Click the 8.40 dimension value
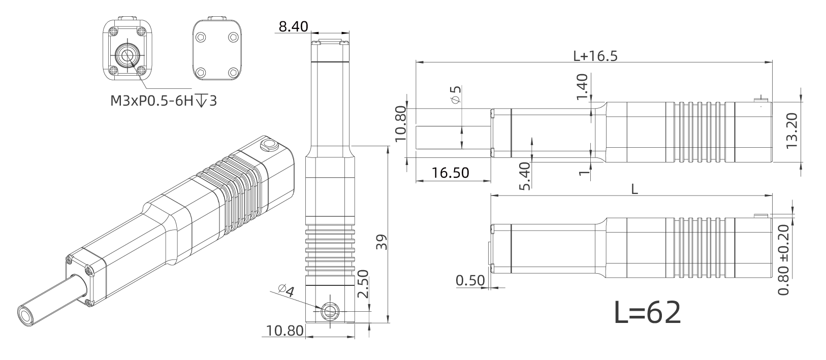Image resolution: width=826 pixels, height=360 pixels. (293, 26)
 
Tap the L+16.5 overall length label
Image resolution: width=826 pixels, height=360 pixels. (595, 56)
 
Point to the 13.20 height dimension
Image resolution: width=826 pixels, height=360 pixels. (791, 131)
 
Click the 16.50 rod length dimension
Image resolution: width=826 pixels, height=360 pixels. (450, 173)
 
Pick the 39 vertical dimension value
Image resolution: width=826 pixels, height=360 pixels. (382, 242)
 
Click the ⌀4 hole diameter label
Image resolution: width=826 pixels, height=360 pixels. (287, 291)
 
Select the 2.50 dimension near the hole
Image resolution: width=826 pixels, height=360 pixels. (363, 284)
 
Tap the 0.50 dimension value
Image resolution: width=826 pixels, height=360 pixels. (470, 281)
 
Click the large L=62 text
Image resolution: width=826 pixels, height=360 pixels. (648, 312)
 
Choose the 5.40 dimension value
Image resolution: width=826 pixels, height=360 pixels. (525, 176)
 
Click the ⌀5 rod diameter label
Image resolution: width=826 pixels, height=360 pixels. (456, 95)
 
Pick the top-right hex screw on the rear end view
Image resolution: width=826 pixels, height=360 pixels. (233, 37)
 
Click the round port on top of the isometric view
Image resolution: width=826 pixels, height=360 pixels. (269, 145)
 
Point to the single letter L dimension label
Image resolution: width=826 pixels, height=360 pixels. (634, 189)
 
